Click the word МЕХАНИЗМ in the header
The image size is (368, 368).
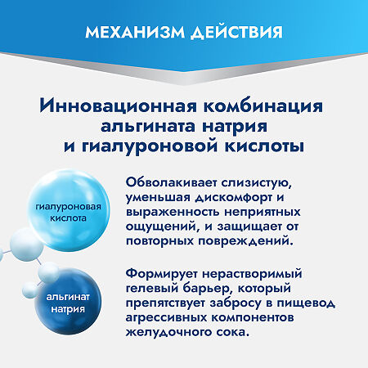[133, 34]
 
